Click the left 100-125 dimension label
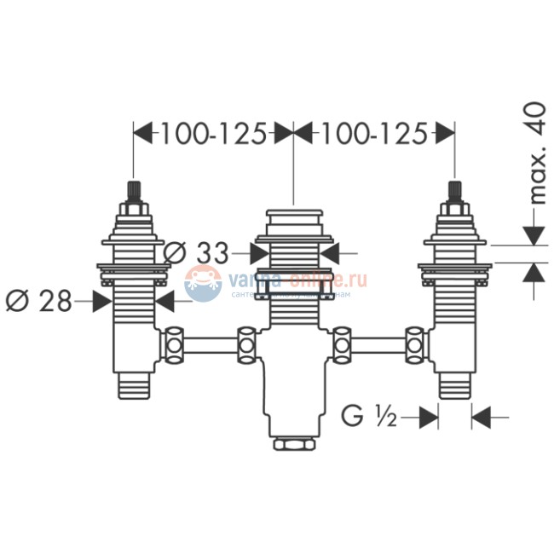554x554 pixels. [213, 135]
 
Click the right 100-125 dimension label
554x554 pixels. [372, 135]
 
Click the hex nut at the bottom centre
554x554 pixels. [292, 444]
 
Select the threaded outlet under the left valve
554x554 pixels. [133, 387]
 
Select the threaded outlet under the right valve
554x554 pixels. [453, 387]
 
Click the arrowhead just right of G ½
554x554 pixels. [430, 417]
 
